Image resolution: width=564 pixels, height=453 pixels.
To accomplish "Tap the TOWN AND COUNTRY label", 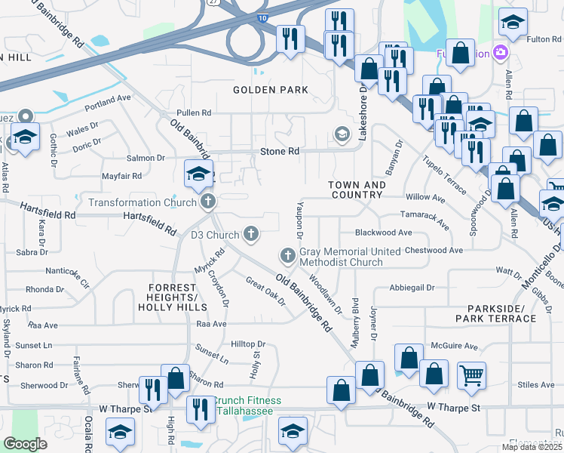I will click(x=357, y=190).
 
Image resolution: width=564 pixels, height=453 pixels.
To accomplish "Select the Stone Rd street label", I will click(x=280, y=152).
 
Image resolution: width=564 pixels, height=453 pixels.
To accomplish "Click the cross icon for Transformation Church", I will click(x=208, y=202).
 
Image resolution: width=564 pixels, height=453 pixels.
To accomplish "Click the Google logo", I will click(x=25, y=444).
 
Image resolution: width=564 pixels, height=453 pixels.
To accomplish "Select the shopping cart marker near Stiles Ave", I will click(x=471, y=373).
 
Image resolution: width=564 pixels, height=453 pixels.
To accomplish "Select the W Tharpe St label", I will click(x=453, y=408).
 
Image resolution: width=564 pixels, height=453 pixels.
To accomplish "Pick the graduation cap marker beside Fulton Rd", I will click(x=513, y=23).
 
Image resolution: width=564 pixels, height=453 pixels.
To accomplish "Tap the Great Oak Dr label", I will click(x=265, y=291).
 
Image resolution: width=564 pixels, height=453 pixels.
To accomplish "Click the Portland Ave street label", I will click(x=108, y=99).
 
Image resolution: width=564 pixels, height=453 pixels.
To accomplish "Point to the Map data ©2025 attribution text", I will click(x=532, y=447).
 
